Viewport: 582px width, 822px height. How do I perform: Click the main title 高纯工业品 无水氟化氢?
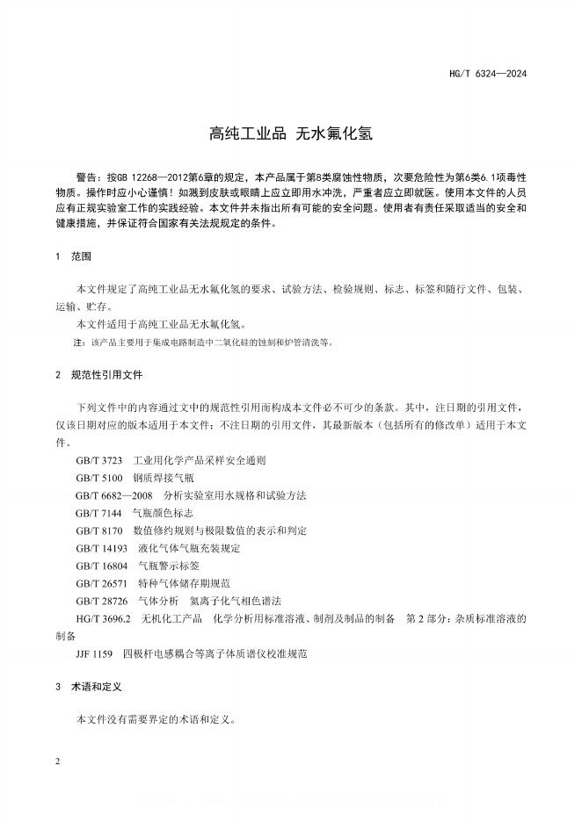(290, 134)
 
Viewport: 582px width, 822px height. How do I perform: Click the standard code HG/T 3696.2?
(103, 619)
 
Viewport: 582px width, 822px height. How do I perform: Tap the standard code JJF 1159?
(96, 654)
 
